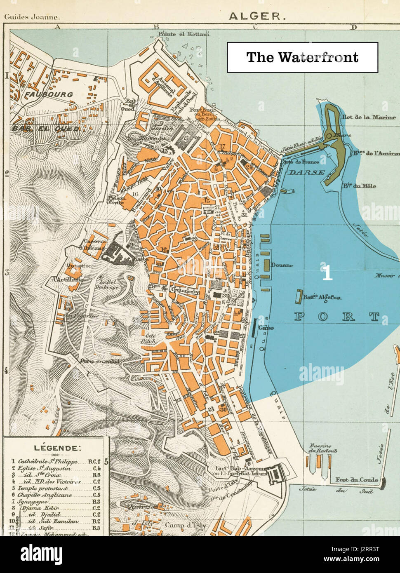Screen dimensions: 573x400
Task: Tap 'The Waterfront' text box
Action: pyautogui.click(x=302, y=57)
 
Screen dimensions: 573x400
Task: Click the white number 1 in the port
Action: pyautogui.click(x=327, y=273)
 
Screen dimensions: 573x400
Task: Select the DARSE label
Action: pyautogui.click(x=306, y=173)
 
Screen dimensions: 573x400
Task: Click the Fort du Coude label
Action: pyautogui.click(x=356, y=480)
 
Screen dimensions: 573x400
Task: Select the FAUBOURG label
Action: pyautogui.click(x=49, y=94)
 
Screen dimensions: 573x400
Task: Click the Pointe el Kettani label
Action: pyautogui.click(x=187, y=34)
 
